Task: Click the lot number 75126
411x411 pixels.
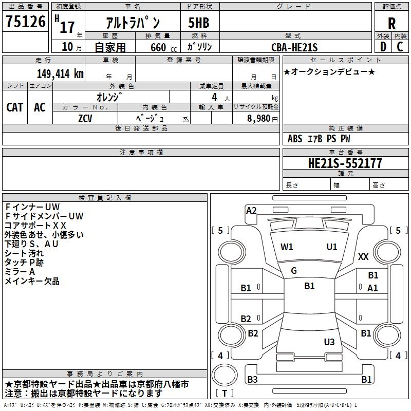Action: [x=25, y=22]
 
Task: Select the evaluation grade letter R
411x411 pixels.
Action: [x=391, y=23]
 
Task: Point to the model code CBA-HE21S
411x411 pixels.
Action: [x=294, y=47]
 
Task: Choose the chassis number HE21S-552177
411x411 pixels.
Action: [x=345, y=163]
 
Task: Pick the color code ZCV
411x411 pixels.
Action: [x=85, y=118]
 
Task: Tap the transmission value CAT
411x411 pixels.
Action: [x=14, y=107]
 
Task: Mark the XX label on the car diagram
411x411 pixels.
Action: [x=363, y=257]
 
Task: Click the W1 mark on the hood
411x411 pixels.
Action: [x=287, y=247]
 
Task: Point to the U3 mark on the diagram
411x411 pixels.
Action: [x=329, y=342]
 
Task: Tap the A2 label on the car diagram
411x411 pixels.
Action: [x=251, y=210]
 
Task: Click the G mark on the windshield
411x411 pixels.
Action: [x=294, y=270]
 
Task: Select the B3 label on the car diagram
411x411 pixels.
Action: [x=252, y=380]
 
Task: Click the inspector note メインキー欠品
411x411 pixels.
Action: [x=32, y=281]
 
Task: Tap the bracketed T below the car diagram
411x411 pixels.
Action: [x=225, y=393]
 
